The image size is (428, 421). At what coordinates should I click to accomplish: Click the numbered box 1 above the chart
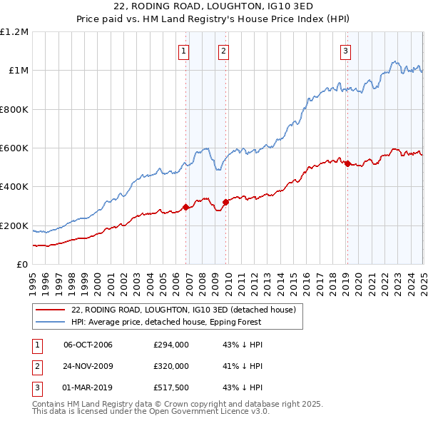[184, 51]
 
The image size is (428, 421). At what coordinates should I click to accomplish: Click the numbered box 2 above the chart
[223, 51]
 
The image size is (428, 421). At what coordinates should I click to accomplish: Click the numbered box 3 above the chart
[345, 51]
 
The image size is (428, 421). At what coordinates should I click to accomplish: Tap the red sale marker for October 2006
[186, 208]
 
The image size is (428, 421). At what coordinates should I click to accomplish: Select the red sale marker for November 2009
[226, 202]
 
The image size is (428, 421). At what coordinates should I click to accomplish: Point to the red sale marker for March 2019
[347, 164]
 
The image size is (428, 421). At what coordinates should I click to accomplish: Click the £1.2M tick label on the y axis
[14, 32]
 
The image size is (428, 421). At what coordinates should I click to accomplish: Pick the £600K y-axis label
[14, 148]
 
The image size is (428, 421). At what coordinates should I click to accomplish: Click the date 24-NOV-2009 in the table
[88, 366]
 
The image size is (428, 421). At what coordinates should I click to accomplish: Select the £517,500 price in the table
[171, 388]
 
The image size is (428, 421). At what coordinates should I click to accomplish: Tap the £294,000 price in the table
[171, 345]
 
